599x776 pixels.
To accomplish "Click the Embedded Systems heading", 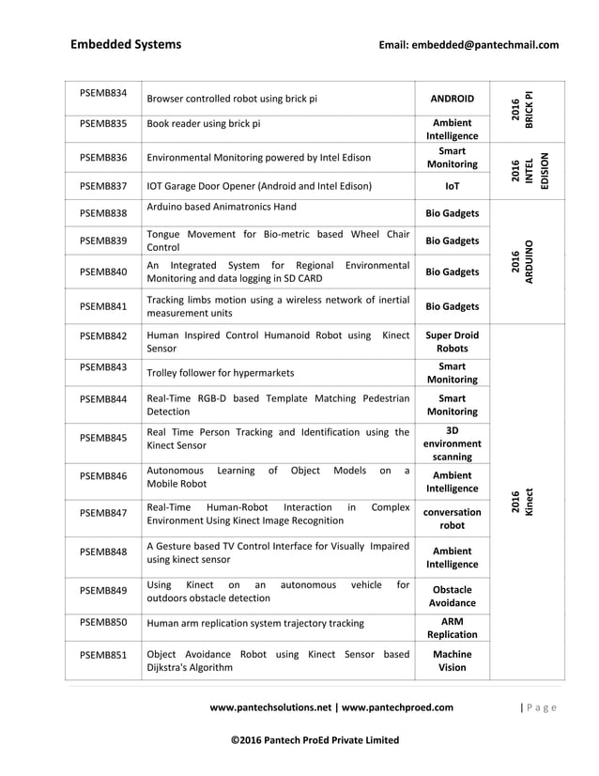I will click(x=126, y=44).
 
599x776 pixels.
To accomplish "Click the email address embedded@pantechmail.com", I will click(x=468, y=44).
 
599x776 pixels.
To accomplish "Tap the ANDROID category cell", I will click(x=452, y=98).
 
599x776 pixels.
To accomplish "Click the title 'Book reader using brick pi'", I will click(x=204, y=123).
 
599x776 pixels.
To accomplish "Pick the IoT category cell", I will click(x=452, y=186).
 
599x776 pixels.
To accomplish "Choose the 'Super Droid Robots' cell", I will click(x=452, y=341).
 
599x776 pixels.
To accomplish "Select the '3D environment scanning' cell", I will click(x=452, y=442).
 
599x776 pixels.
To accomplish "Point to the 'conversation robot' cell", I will click(x=452, y=520).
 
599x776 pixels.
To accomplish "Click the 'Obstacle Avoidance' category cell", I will click(x=452, y=596).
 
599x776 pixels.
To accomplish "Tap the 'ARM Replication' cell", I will click(x=452, y=628).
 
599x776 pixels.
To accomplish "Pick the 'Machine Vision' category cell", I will click(x=452, y=660).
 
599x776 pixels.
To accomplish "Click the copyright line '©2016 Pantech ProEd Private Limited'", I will click(x=315, y=740).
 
